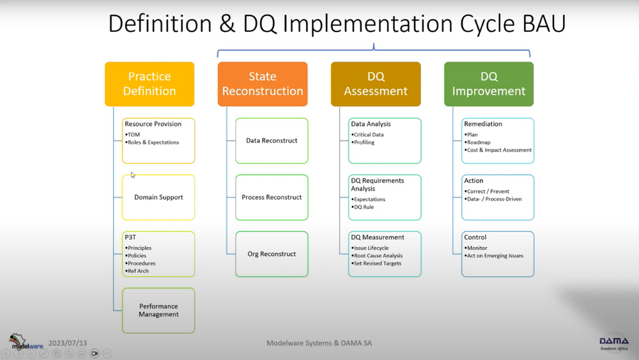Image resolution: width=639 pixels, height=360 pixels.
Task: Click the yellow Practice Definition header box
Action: coord(150,84)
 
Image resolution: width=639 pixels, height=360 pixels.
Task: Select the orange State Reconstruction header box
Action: coord(263,84)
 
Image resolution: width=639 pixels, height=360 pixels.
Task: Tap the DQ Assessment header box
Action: coord(376,84)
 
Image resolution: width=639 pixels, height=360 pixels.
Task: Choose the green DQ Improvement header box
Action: coord(489,84)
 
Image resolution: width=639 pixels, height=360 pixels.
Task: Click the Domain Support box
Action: coord(158,198)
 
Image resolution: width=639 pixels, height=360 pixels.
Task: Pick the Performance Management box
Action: coord(158,310)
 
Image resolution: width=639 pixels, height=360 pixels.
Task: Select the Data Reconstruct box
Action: coord(272,141)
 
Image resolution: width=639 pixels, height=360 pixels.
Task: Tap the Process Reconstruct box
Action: coord(272,198)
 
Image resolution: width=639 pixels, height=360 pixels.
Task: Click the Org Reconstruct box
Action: coord(272,254)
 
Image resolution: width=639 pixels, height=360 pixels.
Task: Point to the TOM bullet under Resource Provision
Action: coord(134,135)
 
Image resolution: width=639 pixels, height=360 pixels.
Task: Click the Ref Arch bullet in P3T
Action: coord(138,271)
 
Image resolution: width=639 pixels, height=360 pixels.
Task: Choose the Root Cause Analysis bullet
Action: coord(378,256)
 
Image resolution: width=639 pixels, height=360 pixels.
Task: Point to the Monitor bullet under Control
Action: coord(477,248)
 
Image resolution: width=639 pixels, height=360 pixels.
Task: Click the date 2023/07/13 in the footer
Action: coord(68,343)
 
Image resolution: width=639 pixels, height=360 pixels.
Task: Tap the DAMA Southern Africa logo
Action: coord(613,343)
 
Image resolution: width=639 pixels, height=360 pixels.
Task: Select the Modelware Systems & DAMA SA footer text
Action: coord(319,343)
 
